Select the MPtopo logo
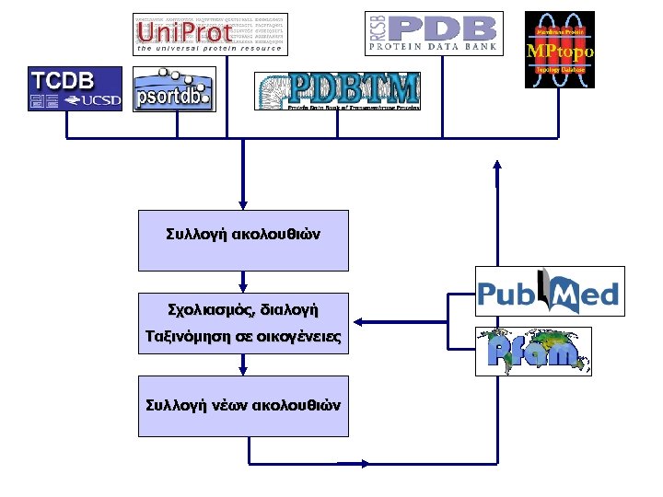(x=559, y=50)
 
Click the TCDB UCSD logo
(x=75, y=89)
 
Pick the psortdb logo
(x=174, y=89)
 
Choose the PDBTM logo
(x=337, y=91)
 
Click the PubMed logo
(x=550, y=292)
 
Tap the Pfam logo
(x=532, y=351)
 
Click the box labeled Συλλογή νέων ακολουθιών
(x=243, y=406)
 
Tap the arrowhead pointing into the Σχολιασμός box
(x=243, y=287)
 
